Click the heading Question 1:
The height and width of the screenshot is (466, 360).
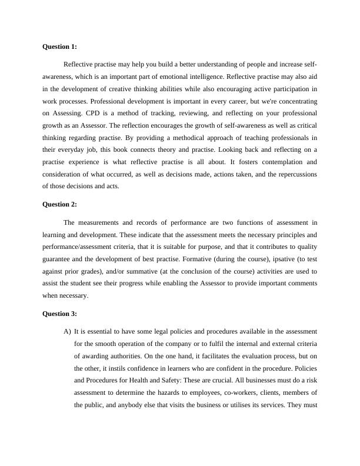60,46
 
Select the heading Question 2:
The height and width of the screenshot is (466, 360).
60,205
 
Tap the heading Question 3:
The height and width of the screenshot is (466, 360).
60,314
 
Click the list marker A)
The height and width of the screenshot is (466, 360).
67,331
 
